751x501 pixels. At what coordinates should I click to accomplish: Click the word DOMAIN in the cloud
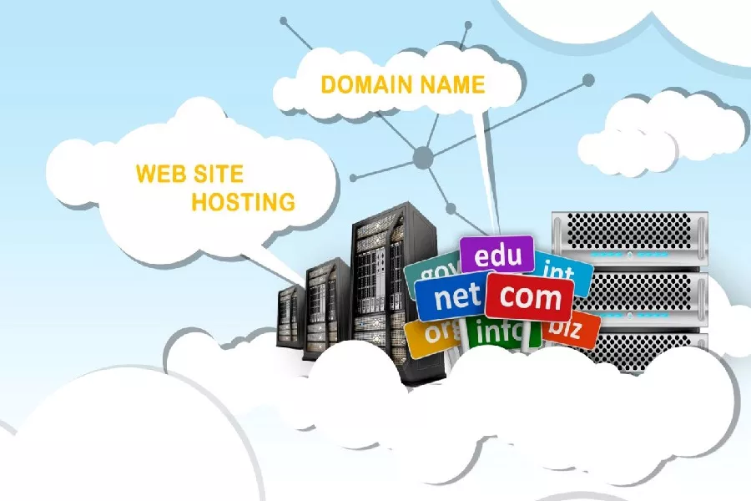tap(358, 85)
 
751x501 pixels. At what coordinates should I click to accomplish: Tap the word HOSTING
tap(243, 201)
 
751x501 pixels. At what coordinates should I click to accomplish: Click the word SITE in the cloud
tap(216, 174)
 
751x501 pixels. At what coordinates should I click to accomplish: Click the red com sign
tap(529, 296)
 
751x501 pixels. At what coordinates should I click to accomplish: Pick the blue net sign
tap(451, 296)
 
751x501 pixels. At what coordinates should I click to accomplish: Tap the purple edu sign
tap(496, 255)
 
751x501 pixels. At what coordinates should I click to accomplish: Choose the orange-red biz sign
tap(572, 327)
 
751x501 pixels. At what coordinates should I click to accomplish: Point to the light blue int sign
tap(561, 271)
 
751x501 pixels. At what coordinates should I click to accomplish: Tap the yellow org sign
tap(431, 334)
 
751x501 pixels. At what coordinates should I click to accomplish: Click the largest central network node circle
tap(424, 156)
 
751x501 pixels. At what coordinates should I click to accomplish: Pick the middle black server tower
tap(326, 305)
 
